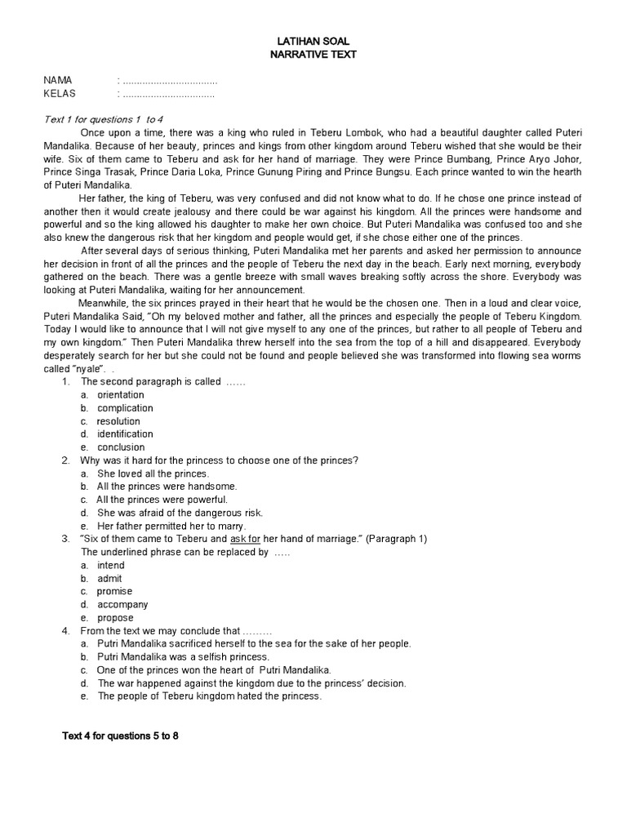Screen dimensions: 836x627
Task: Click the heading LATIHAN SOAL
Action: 313,41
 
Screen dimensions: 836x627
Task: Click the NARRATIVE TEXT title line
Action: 313,54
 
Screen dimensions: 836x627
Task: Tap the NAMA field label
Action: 58,80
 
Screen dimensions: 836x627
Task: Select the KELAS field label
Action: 60,93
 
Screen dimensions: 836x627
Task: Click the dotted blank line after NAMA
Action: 170,80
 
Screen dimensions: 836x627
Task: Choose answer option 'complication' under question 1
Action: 125,408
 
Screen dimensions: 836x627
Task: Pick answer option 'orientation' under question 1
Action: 121,395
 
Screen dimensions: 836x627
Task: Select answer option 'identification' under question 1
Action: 125,434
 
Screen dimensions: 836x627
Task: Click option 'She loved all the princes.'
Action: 153,474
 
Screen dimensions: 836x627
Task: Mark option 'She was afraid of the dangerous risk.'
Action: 180,513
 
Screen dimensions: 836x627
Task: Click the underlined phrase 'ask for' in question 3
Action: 246,539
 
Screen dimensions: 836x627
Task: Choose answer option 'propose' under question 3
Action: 115,618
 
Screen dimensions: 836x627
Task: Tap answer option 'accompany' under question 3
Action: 122,605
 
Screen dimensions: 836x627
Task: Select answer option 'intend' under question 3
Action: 111,565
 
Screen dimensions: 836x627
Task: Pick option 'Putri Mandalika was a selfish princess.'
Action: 183,657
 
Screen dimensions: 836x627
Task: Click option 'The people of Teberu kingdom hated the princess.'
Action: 209,696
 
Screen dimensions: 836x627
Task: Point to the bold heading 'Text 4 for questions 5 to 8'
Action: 121,736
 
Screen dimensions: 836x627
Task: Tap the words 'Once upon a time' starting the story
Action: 120,132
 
